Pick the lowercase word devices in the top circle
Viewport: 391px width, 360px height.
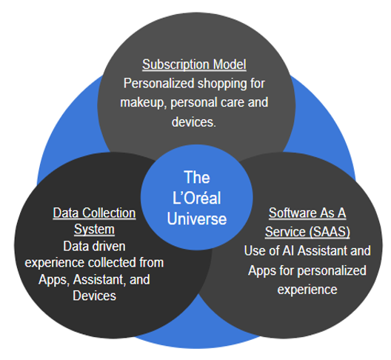pyautogui.click(x=194, y=122)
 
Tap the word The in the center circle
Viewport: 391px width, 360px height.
pyautogui.click(x=197, y=177)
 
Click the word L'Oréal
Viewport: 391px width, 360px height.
pyautogui.click(x=196, y=198)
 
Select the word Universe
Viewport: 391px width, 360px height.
pyautogui.click(x=197, y=219)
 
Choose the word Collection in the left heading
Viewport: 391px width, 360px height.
pyautogui.click(x=109, y=213)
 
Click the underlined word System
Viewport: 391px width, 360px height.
pyautogui.click(x=94, y=230)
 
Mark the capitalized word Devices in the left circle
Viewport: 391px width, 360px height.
pyautogui.click(x=95, y=296)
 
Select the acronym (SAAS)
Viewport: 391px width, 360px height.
pyautogui.click(x=330, y=232)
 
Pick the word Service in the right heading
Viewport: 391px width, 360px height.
pyautogui.click(x=285, y=232)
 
